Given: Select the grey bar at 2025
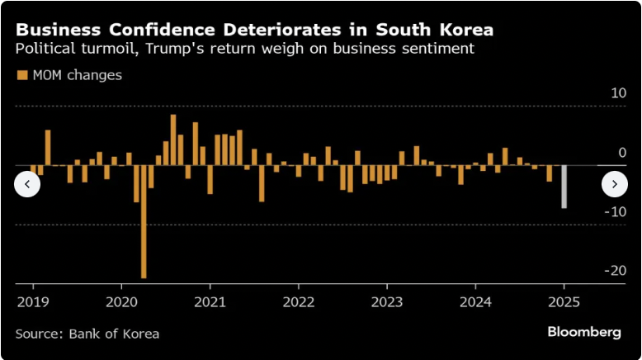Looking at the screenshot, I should coord(564,187).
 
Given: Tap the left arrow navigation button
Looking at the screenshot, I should coord(27,184).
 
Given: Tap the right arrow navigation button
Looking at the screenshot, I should coord(615,184).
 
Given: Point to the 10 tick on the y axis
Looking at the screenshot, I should coord(618,93).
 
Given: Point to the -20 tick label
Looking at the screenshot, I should coord(616,271).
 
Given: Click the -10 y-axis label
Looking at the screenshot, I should coord(616,211).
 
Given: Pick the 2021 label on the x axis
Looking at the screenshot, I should coord(210,301).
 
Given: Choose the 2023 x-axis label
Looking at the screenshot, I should coord(386,301).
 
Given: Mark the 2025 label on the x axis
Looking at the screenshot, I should coord(564,301).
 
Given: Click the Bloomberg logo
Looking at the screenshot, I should coord(584,332).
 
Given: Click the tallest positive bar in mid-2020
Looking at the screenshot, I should coord(173,140).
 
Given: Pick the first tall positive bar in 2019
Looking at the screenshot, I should coord(48,147).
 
